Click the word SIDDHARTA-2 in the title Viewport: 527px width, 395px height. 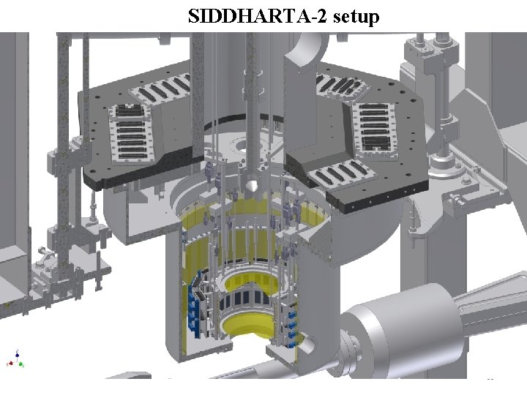coord(257,16)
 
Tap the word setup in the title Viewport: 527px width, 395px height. coord(356,17)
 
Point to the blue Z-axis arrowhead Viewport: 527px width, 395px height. coord(17,353)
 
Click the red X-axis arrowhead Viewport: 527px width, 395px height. coord(10,364)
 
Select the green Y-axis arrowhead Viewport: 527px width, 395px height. coord(20,364)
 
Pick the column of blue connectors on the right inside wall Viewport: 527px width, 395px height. coord(292,328)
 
